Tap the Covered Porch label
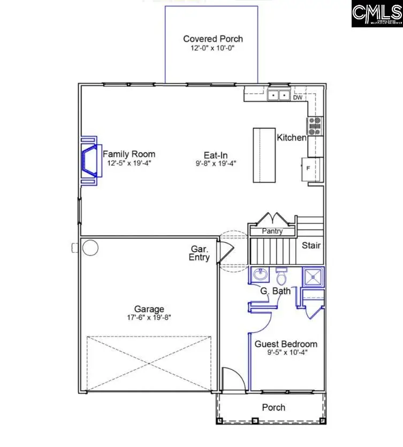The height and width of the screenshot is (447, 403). [x=212, y=39]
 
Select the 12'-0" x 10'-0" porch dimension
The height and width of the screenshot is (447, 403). [x=212, y=48]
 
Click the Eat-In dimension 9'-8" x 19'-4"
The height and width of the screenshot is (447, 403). [x=216, y=163]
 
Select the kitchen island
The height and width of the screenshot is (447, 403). [x=264, y=155]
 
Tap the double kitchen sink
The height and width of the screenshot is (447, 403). [x=278, y=96]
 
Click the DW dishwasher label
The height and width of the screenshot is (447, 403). [x=298, y=98]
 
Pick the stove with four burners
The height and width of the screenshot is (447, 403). [x=314, y=126]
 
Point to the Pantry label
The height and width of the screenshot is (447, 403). [x=272, y=232]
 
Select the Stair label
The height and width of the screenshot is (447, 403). [x=311, y=245]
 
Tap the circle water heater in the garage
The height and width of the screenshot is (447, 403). [x=90, y=248]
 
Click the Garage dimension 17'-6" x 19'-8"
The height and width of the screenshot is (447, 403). [x=149, y=317]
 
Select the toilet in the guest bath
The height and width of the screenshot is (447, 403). [x=282, y=276]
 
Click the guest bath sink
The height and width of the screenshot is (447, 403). [x=261, y=275]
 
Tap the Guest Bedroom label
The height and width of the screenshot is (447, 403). [x=285, y=344]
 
